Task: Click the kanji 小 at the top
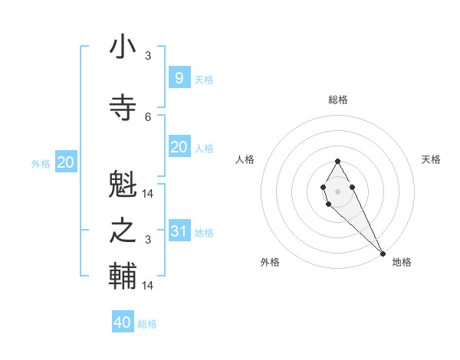[x=123, y=47]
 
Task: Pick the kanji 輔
[x=123, y=276]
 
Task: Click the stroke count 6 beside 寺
[x=148, y=116]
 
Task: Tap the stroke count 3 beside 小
[x=148, y=56]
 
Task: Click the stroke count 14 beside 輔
[x=148, y=285]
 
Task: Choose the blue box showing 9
[x=179, y=78]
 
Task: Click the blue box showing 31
[x=179, y=231]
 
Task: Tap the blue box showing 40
[x=123, y=322]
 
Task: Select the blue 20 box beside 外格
[x=66, y=162]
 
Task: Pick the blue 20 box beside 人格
[x=179, y=148]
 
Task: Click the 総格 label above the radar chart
[x=338, y=100]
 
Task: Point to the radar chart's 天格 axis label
[x=432, y=159]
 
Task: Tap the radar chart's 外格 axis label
[x=270, y=262]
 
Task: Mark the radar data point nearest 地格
[x=383, y=254]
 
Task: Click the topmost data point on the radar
[x=337, y=161]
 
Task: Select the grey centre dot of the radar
[x=337, y=191]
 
